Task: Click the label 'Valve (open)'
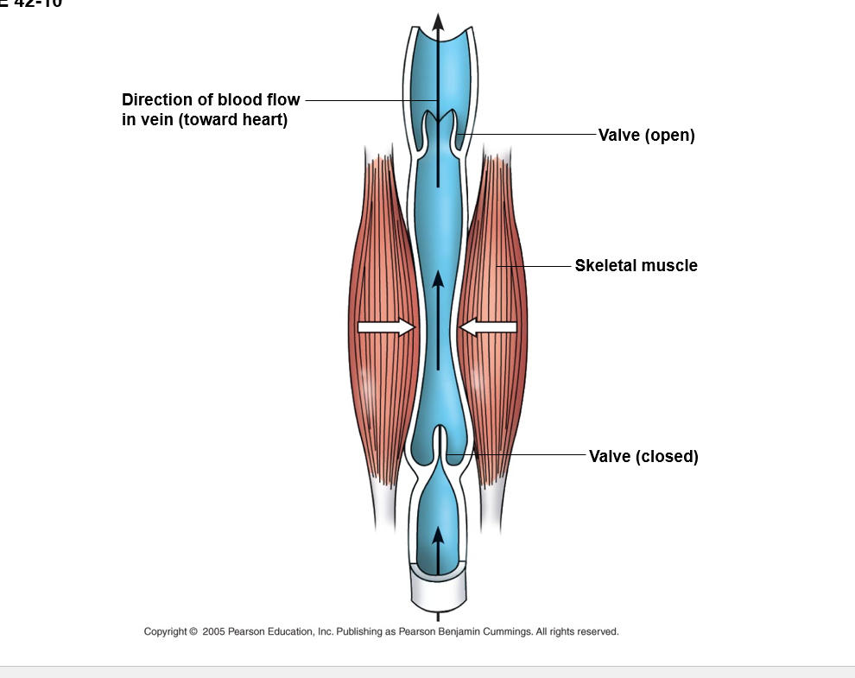point(646,136)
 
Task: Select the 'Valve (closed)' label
point(643,456)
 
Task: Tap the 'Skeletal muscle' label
point(636,266)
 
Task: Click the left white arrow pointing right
point(385,326)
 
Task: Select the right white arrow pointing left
point(489,326)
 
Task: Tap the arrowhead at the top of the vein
point(438,22)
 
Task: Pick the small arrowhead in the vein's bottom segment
point(438,534)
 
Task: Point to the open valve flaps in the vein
point(439,130)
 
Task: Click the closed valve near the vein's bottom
point(440,445)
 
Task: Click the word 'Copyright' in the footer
point(165,631)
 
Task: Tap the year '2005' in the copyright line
point(213,631)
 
